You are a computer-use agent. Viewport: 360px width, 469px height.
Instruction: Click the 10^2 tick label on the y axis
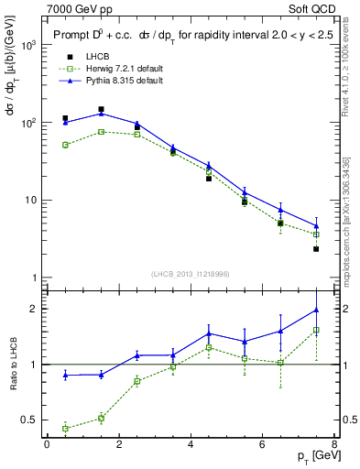click(x=30, y=123)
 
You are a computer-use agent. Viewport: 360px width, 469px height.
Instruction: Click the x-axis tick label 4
click(x=190, y=444)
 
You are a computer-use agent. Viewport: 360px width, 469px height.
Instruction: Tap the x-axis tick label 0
click(x=47, y=444)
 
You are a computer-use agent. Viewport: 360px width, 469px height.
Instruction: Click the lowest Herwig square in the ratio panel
click(x=65, y=428)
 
